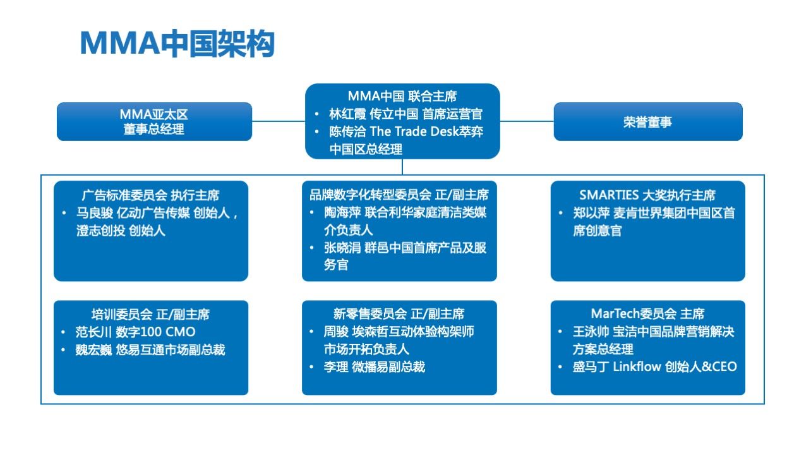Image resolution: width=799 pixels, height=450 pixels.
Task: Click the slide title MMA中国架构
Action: [x=177, y=44]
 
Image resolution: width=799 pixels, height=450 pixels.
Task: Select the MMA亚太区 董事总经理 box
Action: [x=154, y=122]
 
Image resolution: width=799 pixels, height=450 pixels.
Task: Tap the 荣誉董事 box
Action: [x=648, y=122]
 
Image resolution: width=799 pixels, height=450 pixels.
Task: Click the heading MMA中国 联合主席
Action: [x=402, y=96]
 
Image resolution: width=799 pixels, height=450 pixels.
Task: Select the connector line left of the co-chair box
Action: [x=279, y=121]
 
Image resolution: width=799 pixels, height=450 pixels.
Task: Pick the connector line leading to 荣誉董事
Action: [x=527, y=121]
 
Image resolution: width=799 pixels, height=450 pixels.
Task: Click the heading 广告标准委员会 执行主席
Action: [x=150, y=195]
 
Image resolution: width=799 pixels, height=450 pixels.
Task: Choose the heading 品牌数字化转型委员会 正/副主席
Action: [x=399, y=195]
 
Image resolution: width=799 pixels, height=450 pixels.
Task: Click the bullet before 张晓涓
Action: [x=312, y=247]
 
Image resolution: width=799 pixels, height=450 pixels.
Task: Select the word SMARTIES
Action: [x=609, y=195]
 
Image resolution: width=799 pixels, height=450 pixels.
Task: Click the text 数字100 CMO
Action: [x=155, y=332]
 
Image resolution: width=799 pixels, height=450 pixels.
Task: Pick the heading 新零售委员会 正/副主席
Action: [x=399, y=313]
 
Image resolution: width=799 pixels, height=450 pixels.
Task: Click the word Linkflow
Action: [x=637, y=367]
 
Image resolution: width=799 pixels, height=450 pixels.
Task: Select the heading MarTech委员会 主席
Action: [x=647, y=313]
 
